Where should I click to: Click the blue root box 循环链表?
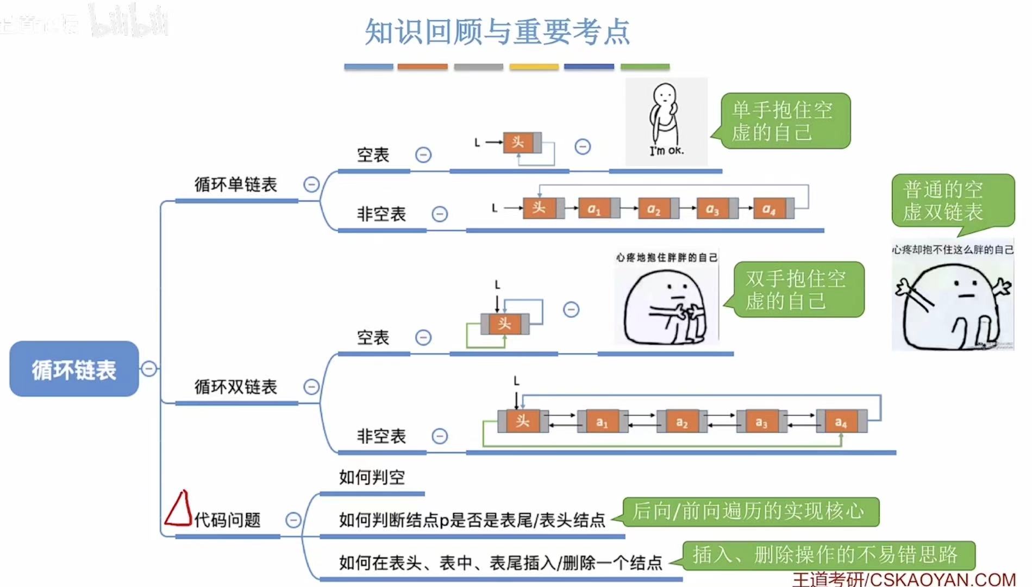[74, 369]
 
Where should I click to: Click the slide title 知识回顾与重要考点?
[497, 32]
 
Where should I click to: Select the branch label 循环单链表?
[235, 184]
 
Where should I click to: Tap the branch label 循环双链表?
[235, 387]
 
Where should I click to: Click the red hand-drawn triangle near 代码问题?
[179, 509]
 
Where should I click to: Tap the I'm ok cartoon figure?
[666, 121]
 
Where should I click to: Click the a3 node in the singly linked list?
[713, 208]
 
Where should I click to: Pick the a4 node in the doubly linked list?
[841, 422]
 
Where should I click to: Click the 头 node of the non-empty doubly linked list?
[523, 421]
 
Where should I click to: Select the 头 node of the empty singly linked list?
[518, 143]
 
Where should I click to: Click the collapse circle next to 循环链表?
[149, 369]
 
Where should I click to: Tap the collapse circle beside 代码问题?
[293, 520]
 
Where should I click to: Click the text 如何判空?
[372, 477]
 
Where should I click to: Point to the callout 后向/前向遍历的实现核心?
[749, 511]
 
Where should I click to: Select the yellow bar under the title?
[534, 67]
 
